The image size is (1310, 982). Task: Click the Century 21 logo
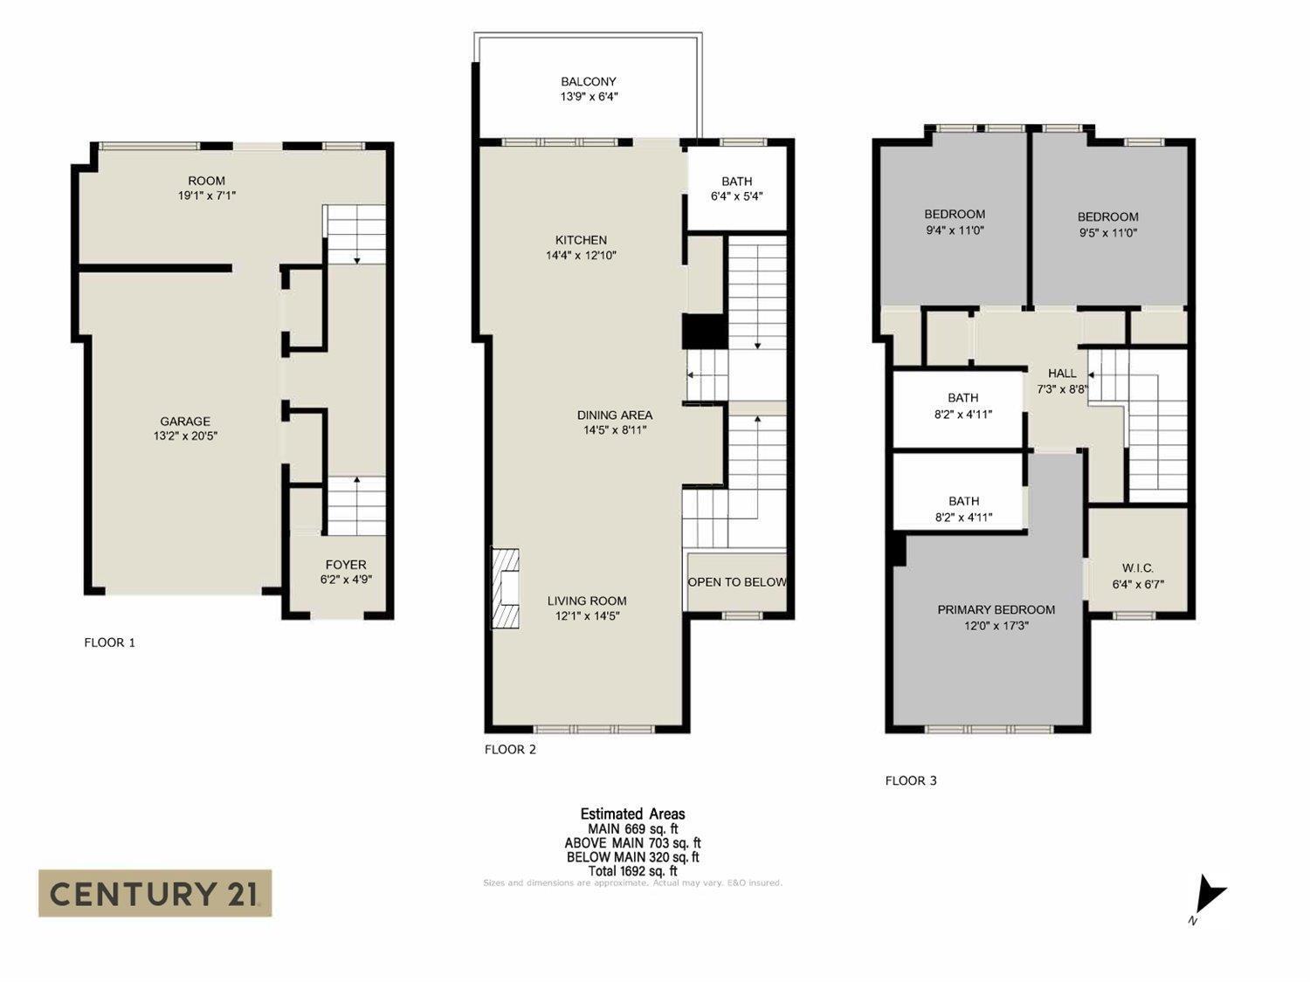click(155, 893)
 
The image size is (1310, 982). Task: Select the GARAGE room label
click(184, 422)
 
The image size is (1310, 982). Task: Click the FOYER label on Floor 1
click(346, 565)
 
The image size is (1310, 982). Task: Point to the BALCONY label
click(589, 82)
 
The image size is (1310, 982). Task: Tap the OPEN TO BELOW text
click(736, 582)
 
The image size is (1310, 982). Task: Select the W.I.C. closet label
click(1138, 568)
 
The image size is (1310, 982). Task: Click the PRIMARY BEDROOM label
click(996, 610)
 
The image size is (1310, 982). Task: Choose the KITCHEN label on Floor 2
click(581, 240)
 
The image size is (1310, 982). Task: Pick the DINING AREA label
click(614, 415)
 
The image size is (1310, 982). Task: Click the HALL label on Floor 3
click(1062, 374)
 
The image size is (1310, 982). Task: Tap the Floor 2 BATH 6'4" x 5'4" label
click(737, 189)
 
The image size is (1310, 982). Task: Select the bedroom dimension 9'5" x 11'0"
click(1107, 233)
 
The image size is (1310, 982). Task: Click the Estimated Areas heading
click(632, 814)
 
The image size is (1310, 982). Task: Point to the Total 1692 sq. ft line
click(632, 870)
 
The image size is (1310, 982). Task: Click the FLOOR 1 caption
click(109, 642)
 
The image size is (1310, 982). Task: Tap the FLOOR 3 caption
click(911, 780)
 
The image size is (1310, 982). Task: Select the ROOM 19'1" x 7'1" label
click(207, 189)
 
